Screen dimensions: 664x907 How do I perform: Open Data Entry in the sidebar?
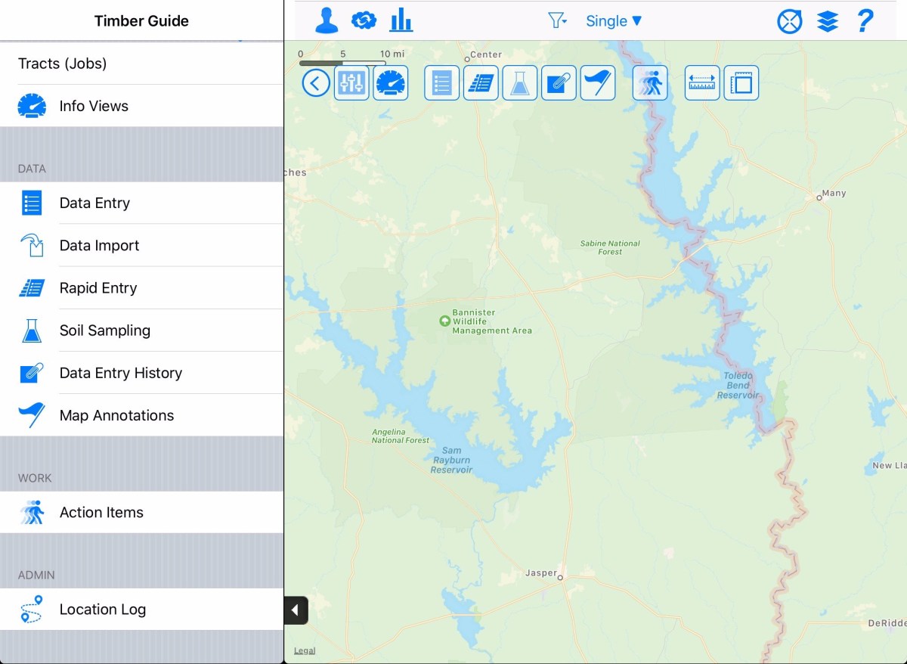[x=94, y=203]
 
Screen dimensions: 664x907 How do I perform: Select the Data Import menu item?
[x=99, y=245]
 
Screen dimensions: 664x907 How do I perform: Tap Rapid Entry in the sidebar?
[x=98, y=287]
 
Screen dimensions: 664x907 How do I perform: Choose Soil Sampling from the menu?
[x=104, y=330]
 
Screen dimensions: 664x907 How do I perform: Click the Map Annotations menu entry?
[x=116, y=414]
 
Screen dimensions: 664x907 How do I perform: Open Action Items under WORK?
[x=101, y=512]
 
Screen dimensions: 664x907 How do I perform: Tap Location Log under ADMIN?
[x=102, y=609]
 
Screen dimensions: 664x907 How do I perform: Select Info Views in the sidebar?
[x=94, y=106]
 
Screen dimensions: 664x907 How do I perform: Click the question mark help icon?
[x=865, y=21]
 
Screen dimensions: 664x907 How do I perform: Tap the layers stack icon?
[x=828, y=21]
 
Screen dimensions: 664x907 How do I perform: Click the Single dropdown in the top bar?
[x=614, y=21]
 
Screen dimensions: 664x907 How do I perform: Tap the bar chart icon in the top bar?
[x=401, y=21]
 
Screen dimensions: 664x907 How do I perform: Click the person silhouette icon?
[x=327, y=21]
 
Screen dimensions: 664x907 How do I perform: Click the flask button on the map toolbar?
[x=519, y=82]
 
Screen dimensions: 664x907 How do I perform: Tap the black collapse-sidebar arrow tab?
[x=296, y=610]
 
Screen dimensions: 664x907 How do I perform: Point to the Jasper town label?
[x=541, y=573]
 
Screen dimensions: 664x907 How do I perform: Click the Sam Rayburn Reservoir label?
[x=452, y=460]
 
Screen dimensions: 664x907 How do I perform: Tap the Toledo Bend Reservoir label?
[x=738, y=386]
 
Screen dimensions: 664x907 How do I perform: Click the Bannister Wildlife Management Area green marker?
[x=444, y=321]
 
